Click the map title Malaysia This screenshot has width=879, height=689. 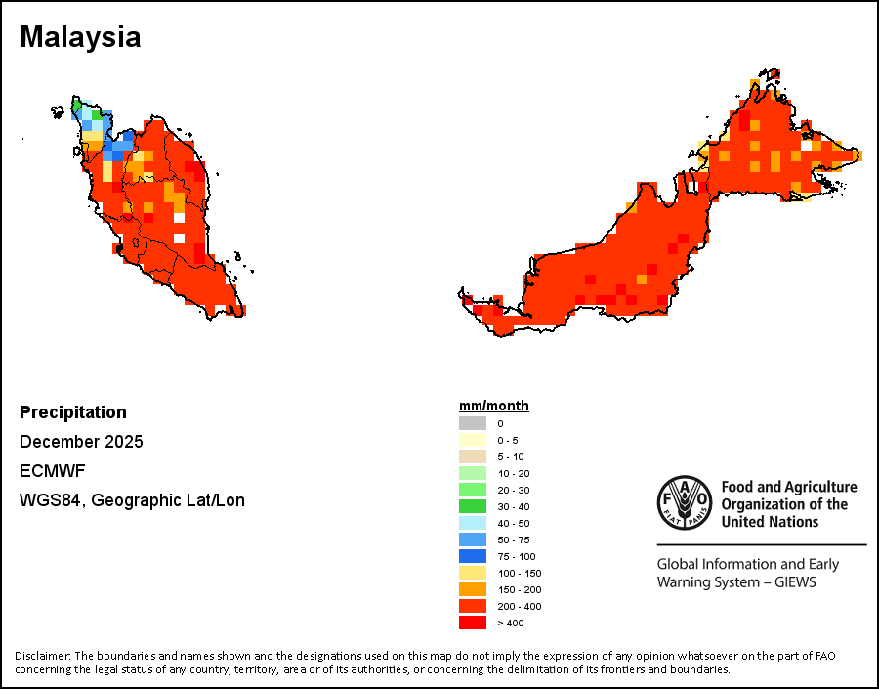pyautogui.click(x=80, y=37)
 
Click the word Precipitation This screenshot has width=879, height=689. pyautogui.click(x=73, y=412)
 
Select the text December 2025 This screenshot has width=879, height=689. pyautogui.click(x=81, y=442)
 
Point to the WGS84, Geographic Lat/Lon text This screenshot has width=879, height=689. pyautogui.click(x=132, y=500)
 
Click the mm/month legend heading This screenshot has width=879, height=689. pyautogui.click(x=494, y=407)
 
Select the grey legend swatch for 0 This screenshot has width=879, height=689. pyautogui.click(x=473, y=423)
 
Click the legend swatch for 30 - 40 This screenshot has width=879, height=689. pyautogui.click(x=473, y=506)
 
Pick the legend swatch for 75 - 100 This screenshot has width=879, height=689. pyautogui.click(x=473, y=556)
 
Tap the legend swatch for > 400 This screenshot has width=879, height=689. pyautogui.click(x=473, y=623)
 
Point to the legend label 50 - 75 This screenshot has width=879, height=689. pyautogui.click(x=514, y=539)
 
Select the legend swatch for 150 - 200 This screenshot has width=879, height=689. pyautogui.click(x=473, y=589)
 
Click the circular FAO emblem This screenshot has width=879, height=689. pyautogui.click(x=684, y=502)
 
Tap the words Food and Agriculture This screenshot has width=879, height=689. pyautogui.click(x=789, y=487)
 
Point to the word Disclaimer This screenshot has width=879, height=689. pyautogui.click(x=42, y=655)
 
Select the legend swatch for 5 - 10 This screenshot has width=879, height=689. pyautogui.click(x=473, y=456)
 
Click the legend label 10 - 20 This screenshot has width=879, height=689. pyautogui.click(x=514, y=473)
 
